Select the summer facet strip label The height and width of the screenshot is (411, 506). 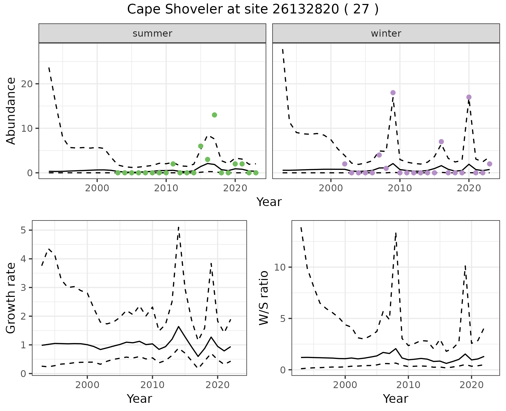152,33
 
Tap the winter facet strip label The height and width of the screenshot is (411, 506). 386,33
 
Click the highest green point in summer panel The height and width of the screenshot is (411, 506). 215,115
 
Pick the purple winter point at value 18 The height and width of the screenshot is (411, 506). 393,93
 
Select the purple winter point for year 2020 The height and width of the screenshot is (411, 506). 469,97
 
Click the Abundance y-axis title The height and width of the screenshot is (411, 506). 11,111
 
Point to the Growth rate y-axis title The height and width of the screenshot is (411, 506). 11,298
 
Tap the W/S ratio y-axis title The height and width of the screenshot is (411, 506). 264,298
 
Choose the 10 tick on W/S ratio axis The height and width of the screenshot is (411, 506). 280,267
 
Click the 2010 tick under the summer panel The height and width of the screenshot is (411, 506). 166,188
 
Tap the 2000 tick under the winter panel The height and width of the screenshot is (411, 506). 330,188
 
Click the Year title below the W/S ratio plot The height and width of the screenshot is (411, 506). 395,399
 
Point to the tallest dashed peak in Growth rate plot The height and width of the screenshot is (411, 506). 179,227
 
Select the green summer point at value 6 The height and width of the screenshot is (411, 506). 201,146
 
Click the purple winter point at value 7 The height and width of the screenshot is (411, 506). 441,142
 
